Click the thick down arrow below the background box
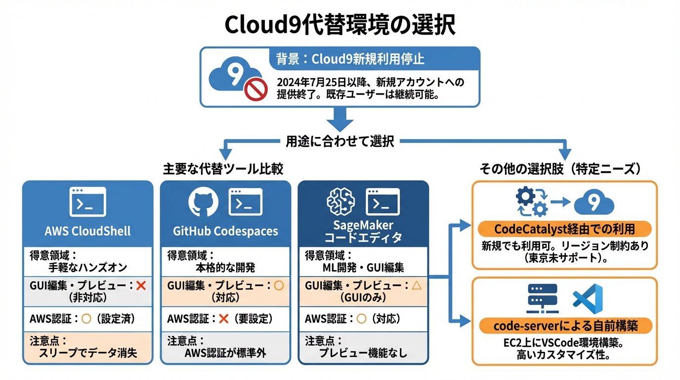click(340, 119)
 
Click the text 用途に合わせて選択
click(340, 142)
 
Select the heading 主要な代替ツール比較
click(223, 169)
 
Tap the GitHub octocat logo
click(204, 202)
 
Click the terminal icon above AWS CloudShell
click(88, 201)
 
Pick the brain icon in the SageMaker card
click(341, 202)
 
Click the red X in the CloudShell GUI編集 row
click(140, 285)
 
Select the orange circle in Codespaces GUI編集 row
click(279, 285)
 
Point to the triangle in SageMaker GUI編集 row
click(416, 285)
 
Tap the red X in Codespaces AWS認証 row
click(223, 319)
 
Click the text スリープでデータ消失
click(87, 353)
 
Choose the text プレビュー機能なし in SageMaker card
click(363, 353)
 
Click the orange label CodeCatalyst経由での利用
click(564, 229)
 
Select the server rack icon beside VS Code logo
click(542, 298)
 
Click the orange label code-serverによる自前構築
click(565, 326)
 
